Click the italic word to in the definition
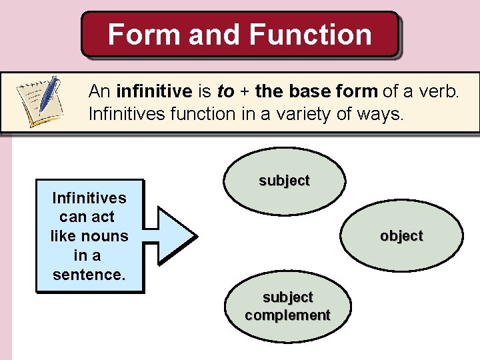point(225,91)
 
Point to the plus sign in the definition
point(244,91)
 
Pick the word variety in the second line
point(299,114)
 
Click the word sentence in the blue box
point(89,274)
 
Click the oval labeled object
point(401,237)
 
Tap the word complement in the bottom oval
point(287,315)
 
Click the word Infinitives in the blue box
point(89,198)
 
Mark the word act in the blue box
point(103,217)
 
